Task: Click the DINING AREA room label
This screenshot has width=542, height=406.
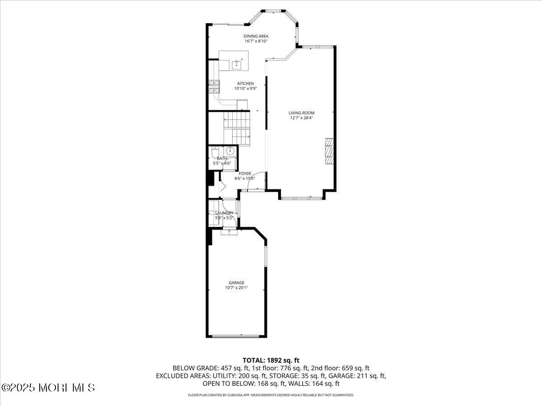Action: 256,36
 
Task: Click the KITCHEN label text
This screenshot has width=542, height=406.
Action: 245,83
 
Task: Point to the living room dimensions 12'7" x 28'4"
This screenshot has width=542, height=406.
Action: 302,118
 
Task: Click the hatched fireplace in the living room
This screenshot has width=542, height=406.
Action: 330,151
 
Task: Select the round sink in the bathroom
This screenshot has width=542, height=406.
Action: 229,151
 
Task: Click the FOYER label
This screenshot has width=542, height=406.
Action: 245,174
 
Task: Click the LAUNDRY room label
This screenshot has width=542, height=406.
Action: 224,213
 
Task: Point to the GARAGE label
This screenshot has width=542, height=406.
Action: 236,283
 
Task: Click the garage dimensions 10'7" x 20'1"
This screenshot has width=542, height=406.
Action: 236,288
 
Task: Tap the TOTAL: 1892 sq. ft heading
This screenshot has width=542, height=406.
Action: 271,360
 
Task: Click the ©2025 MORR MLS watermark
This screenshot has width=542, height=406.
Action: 48,388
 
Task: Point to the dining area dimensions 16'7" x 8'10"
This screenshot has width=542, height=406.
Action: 256,41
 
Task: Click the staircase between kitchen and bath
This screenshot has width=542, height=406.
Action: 237,129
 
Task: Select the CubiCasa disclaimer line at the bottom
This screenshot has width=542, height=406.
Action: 271,395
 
